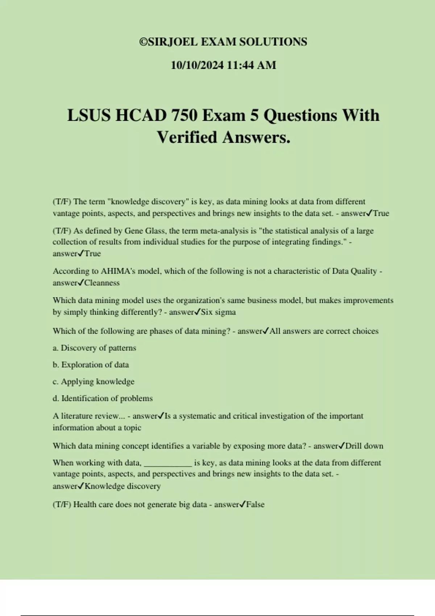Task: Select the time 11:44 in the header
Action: (241, 65)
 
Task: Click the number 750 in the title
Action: (184, 116)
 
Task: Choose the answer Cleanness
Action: (102, 283)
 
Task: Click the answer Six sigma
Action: (218, 312)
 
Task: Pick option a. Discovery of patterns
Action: (94, 348)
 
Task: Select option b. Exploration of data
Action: (91, 365)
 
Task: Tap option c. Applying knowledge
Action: (94, 382)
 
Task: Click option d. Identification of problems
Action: (103, 398)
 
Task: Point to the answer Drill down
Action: (364, 446)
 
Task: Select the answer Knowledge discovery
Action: (123, 486)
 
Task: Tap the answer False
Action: (255, 504)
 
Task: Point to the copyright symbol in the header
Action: (143, 42)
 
